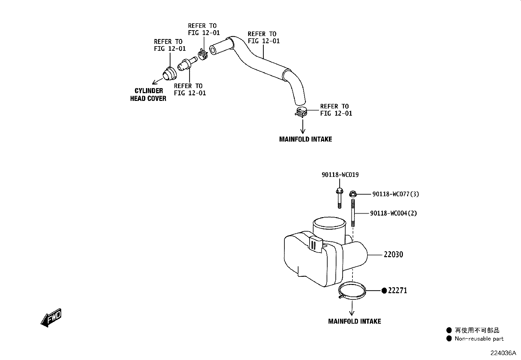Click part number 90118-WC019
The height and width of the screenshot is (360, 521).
340,175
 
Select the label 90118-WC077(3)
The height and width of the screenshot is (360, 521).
395,194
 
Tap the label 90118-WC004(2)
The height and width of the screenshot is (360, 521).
393,213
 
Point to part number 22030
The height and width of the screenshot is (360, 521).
393,254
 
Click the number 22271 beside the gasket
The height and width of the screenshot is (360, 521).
398,290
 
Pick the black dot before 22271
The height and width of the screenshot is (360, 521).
384,291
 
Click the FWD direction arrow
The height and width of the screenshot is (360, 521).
51,318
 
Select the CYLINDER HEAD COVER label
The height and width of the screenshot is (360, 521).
148,95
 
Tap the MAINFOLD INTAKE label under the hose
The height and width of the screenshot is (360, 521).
305,139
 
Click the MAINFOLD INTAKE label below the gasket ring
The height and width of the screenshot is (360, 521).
354,321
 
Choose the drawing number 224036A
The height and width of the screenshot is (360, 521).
503,353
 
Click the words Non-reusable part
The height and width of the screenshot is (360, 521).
479,339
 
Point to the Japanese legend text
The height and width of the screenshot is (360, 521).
477,330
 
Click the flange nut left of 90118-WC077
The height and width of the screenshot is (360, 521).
353,194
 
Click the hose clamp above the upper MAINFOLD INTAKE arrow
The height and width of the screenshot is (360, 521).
301,112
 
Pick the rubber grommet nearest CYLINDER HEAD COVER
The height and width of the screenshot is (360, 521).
170,74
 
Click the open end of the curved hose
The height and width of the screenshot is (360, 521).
213,50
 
